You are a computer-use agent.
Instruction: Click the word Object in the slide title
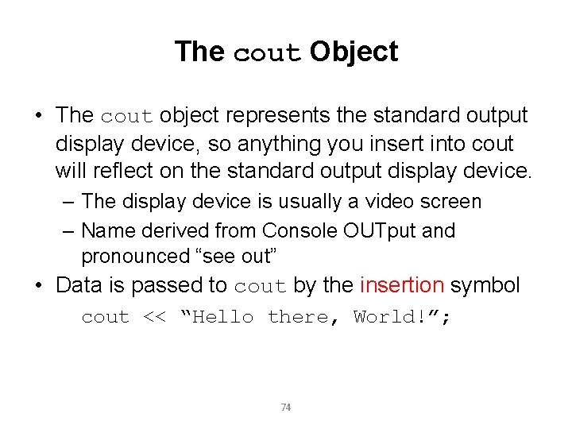coord(354,52)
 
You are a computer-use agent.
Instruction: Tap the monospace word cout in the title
coord(267,54)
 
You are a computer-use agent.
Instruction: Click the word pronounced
coord(132,257)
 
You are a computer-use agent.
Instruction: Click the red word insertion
coord(402,285)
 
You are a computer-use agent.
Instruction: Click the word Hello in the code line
coord(223,317)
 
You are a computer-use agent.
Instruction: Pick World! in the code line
coord(390,317)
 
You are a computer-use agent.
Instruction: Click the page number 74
coord(286,408)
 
